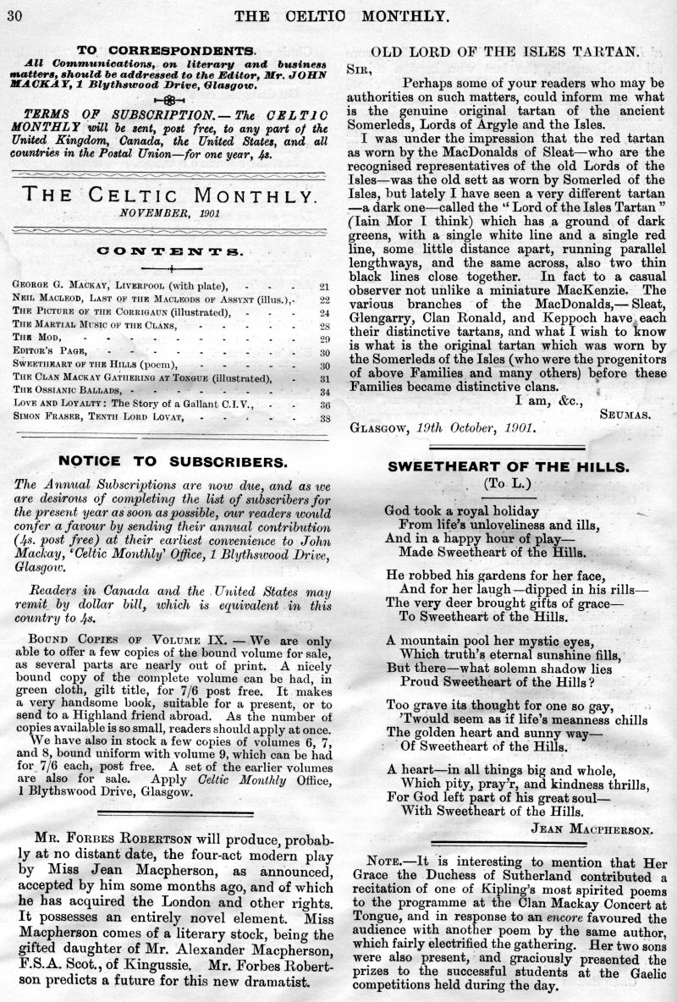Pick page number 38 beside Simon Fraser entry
(324, 418)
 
